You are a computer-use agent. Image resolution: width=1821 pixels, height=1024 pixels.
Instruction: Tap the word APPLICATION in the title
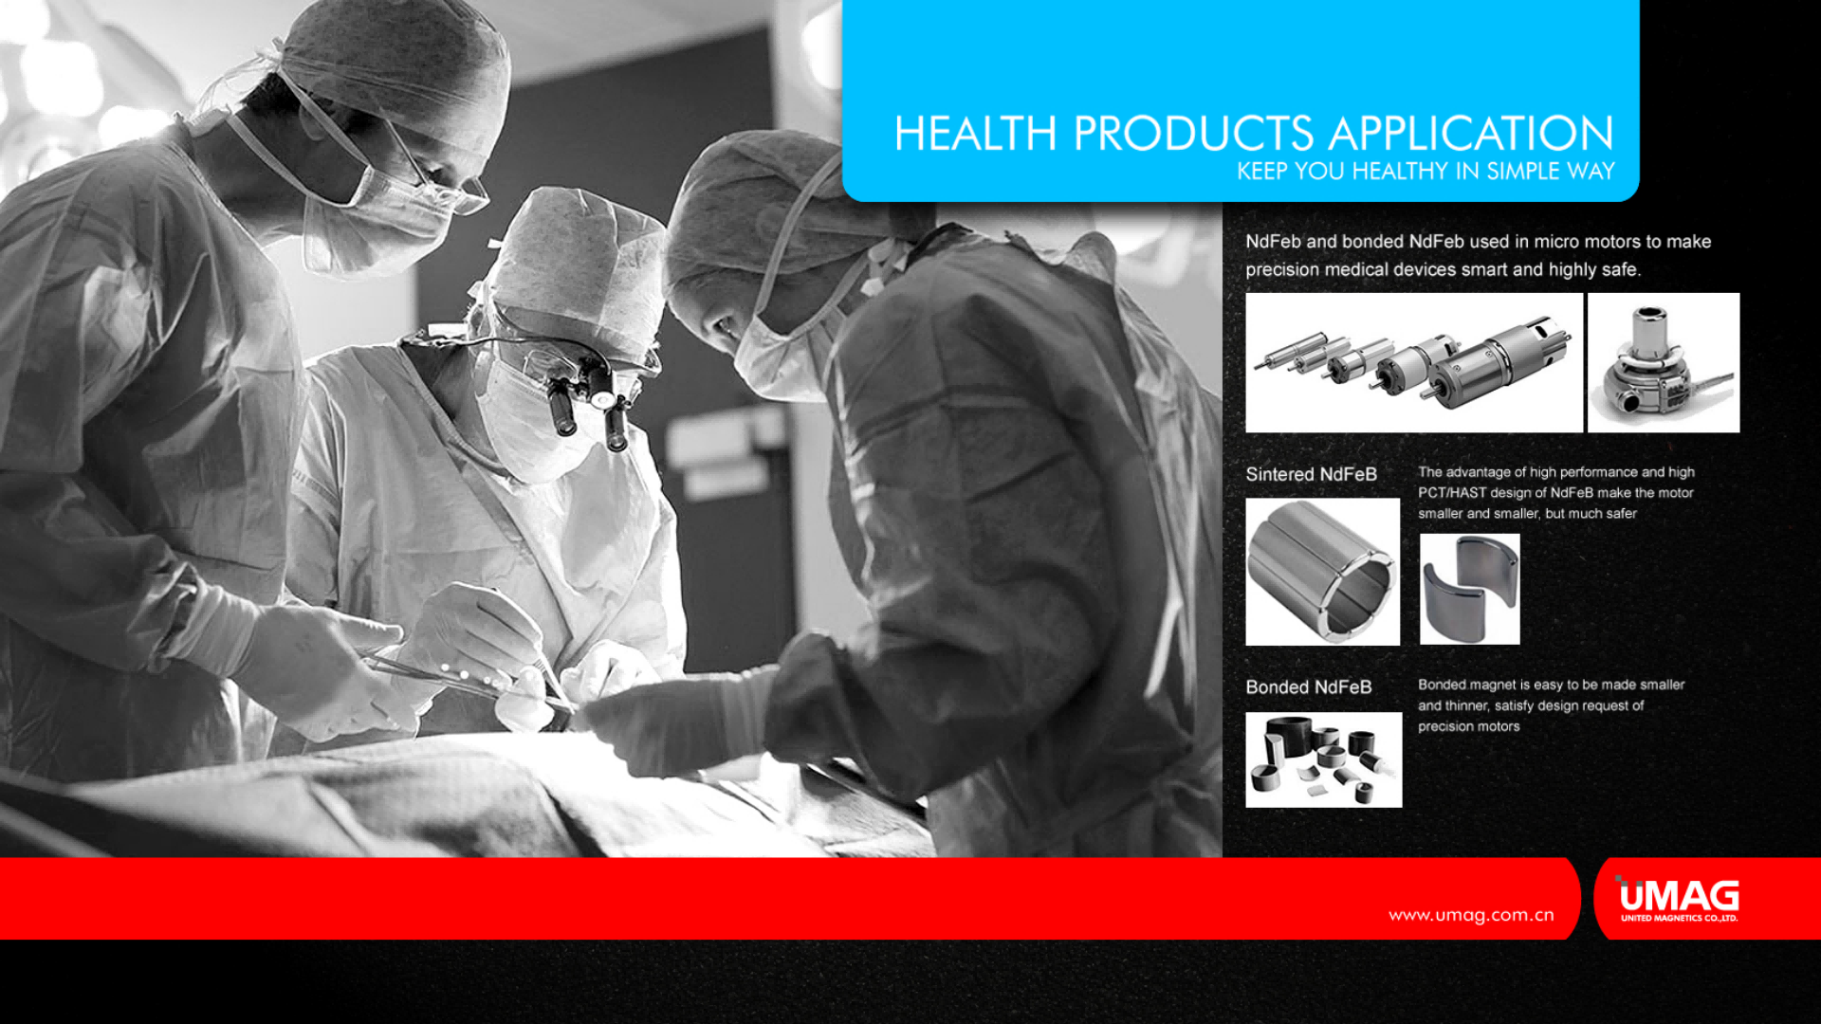1471,134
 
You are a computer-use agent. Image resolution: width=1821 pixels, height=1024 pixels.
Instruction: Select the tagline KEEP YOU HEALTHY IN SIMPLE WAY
1426,172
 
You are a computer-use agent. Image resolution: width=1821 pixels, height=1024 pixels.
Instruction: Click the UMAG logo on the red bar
1679,899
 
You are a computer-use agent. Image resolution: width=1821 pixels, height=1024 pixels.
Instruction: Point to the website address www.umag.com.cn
1471,915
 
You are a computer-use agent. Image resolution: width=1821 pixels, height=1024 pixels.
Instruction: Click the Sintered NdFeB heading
1311,474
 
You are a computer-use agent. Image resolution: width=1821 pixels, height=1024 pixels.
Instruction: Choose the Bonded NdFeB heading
1309,687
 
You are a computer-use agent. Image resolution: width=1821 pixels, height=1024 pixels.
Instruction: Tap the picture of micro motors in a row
1414,363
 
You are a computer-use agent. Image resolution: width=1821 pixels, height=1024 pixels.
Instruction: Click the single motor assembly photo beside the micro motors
1664,363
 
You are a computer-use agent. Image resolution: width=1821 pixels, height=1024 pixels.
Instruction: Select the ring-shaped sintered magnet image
1322,572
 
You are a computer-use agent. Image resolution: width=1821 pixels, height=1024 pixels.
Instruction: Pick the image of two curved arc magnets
1469,589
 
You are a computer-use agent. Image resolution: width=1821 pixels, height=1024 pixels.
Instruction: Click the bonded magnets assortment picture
1323,760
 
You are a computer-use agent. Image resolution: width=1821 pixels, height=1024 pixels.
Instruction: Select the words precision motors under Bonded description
1468,727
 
